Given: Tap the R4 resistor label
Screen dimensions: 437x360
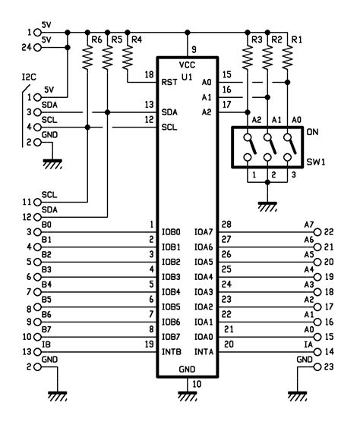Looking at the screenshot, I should click(136, 39).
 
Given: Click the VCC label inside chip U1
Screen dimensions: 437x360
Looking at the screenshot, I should click(188, 65).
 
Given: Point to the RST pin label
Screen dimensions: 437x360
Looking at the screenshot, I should click(169, 81).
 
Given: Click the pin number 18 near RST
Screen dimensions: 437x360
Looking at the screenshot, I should click(149, 74).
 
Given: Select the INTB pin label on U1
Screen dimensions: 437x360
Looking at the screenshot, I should click(171, 351).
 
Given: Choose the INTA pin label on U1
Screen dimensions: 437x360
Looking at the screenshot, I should click(204, 351).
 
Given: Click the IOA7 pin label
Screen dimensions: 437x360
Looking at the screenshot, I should click(204, 232).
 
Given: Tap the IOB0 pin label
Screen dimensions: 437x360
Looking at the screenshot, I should click(171, 232).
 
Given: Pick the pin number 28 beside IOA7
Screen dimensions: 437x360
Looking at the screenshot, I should click(226, 225).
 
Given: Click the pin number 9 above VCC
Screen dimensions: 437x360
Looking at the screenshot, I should click(194, 49).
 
